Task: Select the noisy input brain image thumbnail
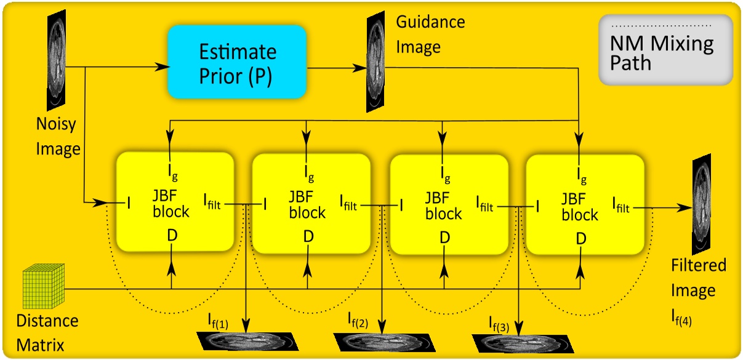click(56, 60)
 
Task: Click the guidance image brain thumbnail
click(376, 62)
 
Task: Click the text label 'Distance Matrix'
click(47, 333)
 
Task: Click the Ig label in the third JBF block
click(445, 176)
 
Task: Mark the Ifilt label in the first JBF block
click(217, 200)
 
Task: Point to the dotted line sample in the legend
click(665, 25)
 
